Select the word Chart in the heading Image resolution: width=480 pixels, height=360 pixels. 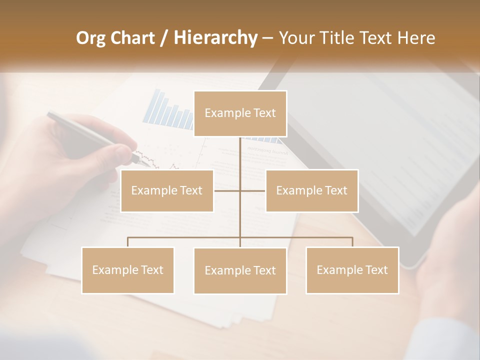tap(134, 38)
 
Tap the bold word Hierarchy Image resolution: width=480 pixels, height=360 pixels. tap(215, 38)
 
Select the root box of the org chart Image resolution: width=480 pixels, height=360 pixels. tap(240, 113)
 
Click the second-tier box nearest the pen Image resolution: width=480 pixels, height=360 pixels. tap(167, 190)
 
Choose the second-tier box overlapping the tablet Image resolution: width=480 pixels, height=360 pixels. tap(311, 190)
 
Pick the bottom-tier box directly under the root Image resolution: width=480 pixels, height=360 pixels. tap(240, 270)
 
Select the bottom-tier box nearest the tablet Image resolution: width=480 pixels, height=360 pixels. tap(352, 270)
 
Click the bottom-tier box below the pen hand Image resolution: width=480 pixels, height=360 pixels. tap(128, 270)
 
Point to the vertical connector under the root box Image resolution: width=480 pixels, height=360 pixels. tap(240, 160)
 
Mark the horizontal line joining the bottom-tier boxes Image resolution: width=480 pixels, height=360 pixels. tap(185, 237)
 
